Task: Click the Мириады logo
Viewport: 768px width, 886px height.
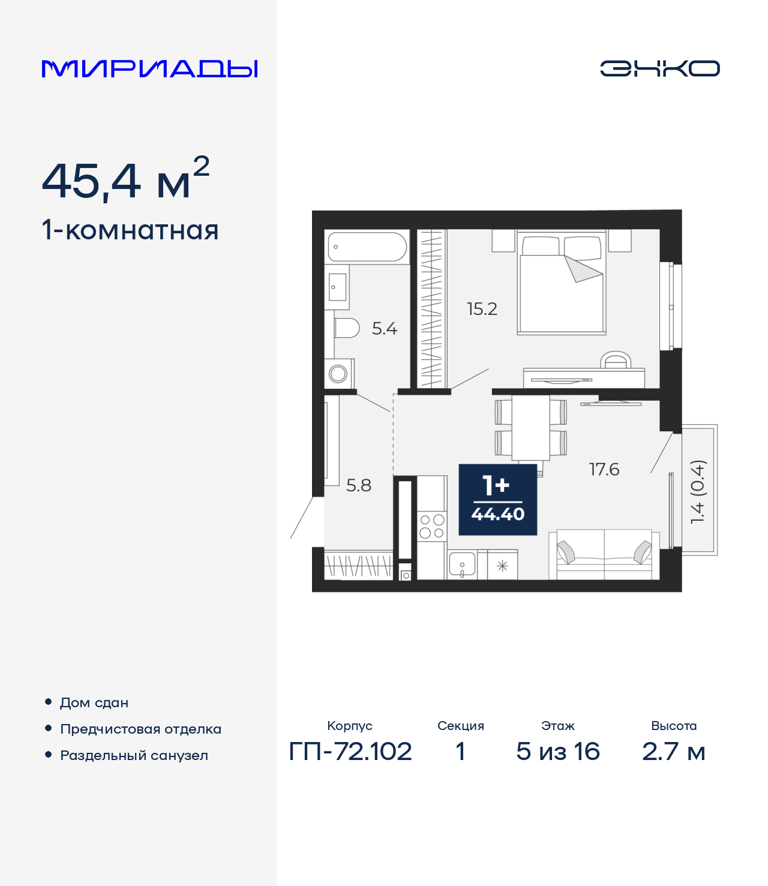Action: pos(149,68)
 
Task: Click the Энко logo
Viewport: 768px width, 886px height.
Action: pos(659,68)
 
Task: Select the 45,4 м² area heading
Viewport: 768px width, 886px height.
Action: pos(125,179)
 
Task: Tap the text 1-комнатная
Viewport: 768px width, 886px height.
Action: pos(130,230)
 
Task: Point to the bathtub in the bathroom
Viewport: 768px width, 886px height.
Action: pos(367,247)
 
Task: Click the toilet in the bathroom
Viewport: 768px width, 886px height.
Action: pos(346,328)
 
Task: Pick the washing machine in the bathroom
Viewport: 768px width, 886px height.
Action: pos(339,374)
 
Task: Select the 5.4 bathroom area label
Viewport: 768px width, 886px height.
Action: pos(385,329)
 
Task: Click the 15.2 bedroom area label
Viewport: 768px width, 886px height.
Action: pos(482,309)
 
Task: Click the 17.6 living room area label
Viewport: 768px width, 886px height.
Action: pos(604,469)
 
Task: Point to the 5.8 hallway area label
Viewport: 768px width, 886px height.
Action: pos(359,485)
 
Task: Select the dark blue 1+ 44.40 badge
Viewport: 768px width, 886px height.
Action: pos(497,499)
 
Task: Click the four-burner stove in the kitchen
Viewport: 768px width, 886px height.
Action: pos(432,526)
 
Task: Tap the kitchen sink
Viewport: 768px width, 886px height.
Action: pos(462,564)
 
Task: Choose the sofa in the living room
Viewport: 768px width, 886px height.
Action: pos(604,554)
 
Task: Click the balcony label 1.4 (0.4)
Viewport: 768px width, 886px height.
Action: pos(698,492)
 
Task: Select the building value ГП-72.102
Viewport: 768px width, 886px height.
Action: pos(350,751)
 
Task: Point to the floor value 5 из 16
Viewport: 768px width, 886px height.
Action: pos(557,751)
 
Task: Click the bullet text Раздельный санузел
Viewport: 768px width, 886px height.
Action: pos(134,755)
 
